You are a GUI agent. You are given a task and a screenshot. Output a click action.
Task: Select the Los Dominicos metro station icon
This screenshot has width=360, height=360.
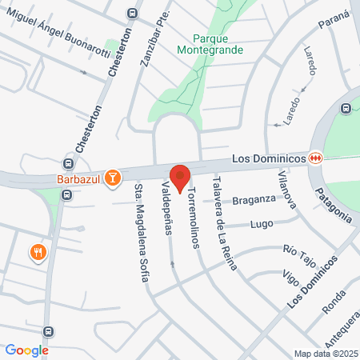click(x=317, y=158)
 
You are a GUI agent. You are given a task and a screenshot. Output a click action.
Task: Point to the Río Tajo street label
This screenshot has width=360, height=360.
click(x=301, y=254)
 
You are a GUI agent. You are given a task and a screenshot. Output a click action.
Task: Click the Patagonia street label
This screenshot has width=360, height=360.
click(x=333, y=204)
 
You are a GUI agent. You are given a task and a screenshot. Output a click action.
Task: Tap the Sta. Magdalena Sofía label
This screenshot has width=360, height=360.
click(x=142, y=233)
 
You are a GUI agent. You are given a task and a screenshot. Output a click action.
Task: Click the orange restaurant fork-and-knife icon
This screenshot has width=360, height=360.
click(x=38, y=253)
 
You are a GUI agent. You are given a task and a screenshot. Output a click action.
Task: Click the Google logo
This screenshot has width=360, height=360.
click(x=27, y=350)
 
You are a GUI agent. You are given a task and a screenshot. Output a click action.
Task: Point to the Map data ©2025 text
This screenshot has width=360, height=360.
click(x=324, y=354)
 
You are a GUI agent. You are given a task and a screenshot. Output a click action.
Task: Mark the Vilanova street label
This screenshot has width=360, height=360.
click(x=287, y=189)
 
